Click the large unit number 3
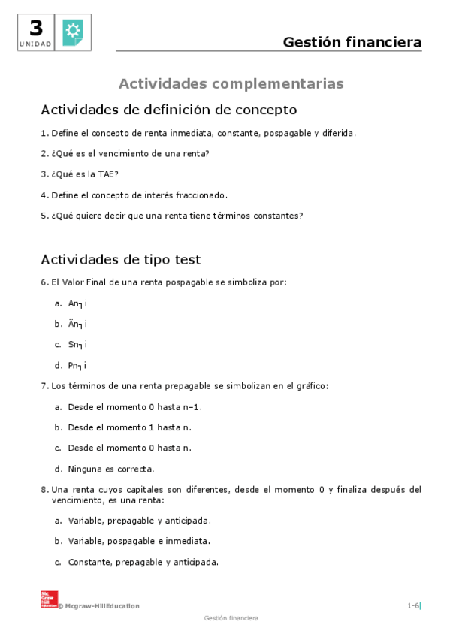(36, 28)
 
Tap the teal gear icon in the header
(73, 32)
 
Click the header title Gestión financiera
(352, 42)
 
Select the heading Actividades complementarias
(231, 83)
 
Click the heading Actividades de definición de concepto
(168, 110)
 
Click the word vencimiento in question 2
(118, 153)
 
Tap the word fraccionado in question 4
(201, 195)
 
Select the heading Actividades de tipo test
(120, 260)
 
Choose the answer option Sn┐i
(77, 345)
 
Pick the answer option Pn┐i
(77, 365)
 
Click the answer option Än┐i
(77, 324)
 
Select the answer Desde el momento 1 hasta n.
(129, 427)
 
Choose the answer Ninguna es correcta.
(110, 469)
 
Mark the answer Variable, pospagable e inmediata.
(138, 540)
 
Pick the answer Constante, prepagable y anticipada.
(143, 561)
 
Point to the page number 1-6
(413, 605)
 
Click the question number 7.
(44, 386)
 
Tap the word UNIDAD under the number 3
(36, 44)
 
